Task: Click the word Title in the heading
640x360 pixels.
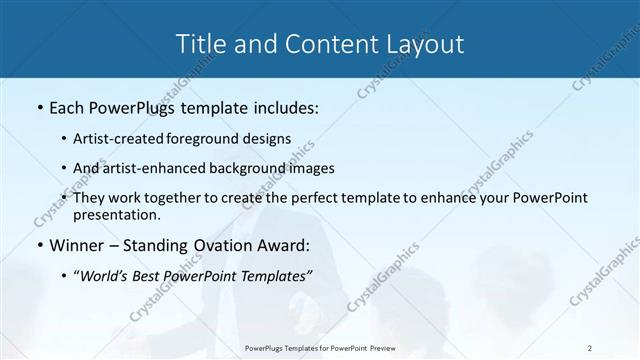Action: (x=198, y=44)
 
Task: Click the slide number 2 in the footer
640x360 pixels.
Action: (x=590, y=348)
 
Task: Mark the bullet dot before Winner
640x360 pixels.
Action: (x=38, y=245)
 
